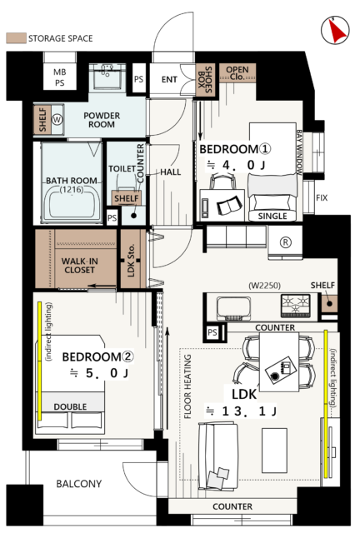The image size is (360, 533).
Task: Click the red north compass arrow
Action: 337,32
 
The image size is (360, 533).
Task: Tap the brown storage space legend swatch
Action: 16,38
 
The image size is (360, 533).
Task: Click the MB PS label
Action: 59,77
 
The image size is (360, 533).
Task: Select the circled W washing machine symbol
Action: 57,119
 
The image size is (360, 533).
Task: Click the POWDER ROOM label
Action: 102,120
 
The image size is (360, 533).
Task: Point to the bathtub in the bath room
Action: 72,206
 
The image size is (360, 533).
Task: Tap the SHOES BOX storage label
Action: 206,80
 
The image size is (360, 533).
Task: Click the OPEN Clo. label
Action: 237,72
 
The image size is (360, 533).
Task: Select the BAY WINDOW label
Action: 299,152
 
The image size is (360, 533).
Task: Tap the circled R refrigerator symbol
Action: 286,242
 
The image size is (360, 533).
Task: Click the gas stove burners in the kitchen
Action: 295,305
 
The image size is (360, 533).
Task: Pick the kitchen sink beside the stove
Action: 234,309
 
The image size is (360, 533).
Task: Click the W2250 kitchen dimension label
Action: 265,285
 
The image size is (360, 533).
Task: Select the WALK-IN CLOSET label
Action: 80,266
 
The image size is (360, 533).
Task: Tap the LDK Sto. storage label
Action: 132,260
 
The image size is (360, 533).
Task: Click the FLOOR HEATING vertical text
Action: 187,386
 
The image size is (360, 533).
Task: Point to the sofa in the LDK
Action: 217,456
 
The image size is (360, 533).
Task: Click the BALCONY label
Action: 79,484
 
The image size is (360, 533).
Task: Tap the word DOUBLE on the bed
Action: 70,406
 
